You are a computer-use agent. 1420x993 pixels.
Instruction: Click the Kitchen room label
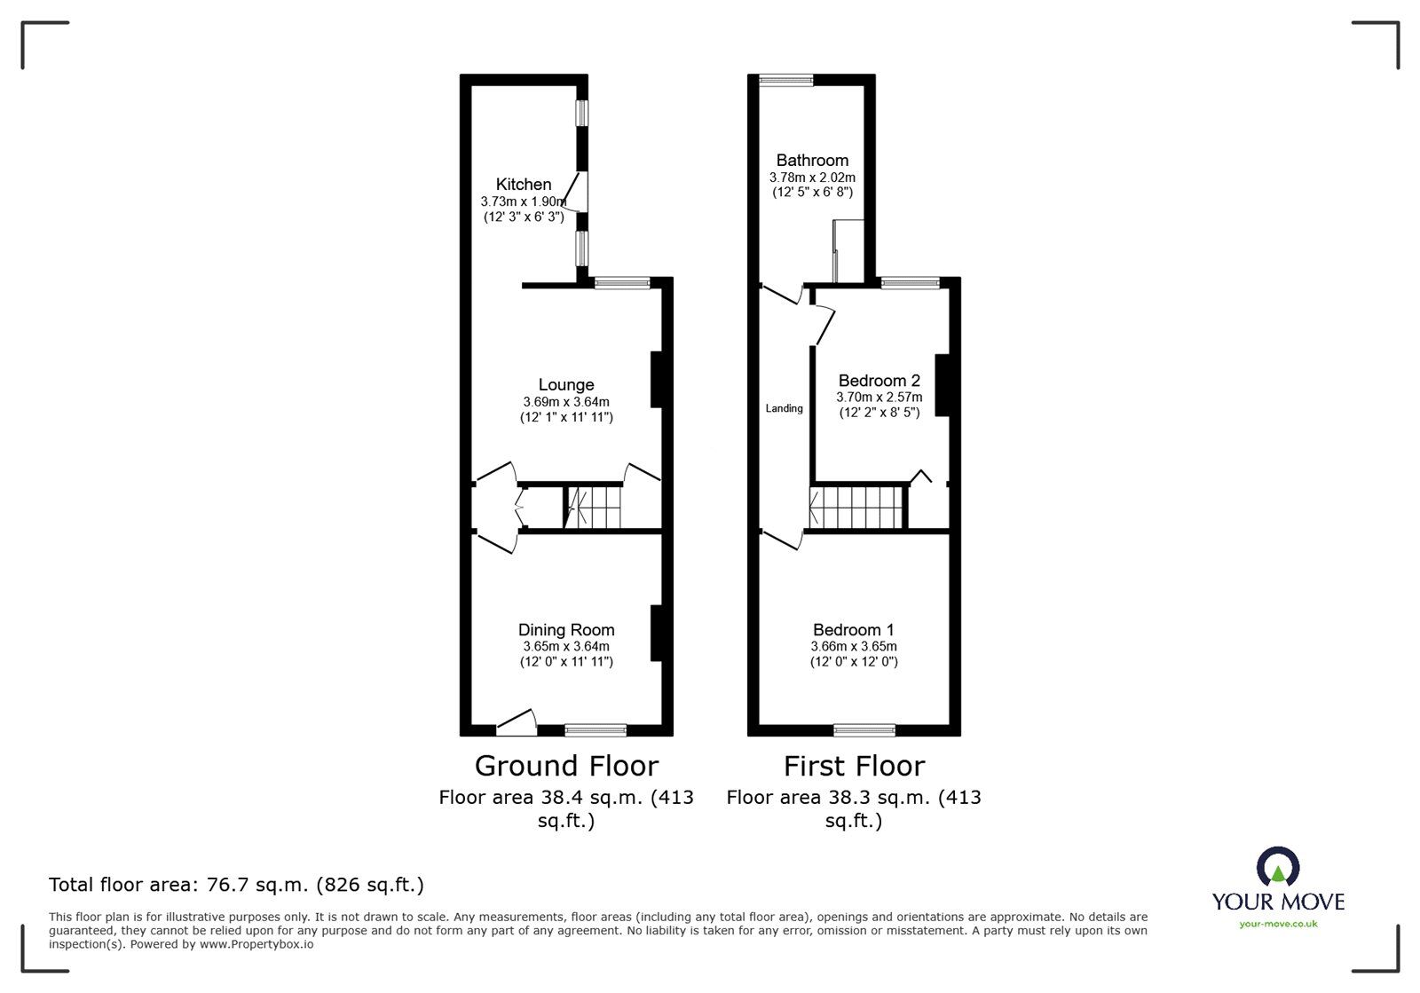tap(523, 185)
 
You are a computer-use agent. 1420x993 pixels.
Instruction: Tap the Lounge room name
tap(566, 384)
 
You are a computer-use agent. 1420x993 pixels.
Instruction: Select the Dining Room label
tap(566, 630)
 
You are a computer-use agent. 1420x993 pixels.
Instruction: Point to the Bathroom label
tap(812, 161)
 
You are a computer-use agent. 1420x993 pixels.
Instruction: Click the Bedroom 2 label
tap(880, 380)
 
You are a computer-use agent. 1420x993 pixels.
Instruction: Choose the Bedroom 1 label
tap(853, 630)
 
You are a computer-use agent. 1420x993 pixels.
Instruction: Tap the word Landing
tap(785, 409)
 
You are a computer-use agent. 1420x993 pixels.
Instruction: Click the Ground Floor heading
tap(567, 766)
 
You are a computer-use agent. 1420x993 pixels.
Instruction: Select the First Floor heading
tap(854, 766)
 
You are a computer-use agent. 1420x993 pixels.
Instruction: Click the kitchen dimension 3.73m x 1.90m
tap(524, 201)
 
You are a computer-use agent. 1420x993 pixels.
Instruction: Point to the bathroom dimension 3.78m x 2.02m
tap(812, 177)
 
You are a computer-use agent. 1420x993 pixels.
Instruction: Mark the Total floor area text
tap(236, 884)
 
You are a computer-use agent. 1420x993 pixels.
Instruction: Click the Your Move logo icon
tap(1278, 865)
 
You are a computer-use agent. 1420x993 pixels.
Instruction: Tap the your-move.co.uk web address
tap(1278, 924)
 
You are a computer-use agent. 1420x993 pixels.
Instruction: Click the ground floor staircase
tap(594, 507)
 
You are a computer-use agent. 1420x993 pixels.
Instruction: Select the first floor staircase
tap(856, 507)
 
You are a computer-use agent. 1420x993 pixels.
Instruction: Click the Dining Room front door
tap(517, 722)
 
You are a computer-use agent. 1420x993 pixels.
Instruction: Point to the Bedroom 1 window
tap(864, 730)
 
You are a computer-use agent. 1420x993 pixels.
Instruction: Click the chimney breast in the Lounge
tap(657, 380)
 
